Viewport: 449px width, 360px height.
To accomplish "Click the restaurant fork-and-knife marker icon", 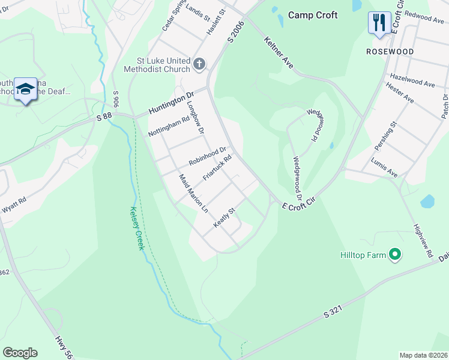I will (x=379, y=23).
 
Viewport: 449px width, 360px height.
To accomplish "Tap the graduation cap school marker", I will (x=25, y=89).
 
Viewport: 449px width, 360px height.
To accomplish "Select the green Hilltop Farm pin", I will (x=394, y=255).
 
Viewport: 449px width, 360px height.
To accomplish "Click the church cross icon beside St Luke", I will (x=199, y=63).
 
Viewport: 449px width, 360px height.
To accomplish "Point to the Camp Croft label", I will (x=313, y=15).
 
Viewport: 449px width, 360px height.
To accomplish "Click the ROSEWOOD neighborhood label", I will (x=390, y=52).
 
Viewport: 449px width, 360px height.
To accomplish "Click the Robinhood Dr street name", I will (x=207, y=157).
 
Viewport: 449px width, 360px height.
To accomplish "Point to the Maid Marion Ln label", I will (x=194, y=194).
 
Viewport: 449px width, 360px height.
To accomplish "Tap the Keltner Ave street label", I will (x=279, y=52).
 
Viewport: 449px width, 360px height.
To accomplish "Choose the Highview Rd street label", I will (x=423, y=241).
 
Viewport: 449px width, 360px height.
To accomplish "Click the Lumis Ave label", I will (x=384, y=168).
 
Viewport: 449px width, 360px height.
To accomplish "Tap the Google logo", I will (x=20, y=352).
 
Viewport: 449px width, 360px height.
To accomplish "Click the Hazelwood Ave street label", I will (x=412, y=81).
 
